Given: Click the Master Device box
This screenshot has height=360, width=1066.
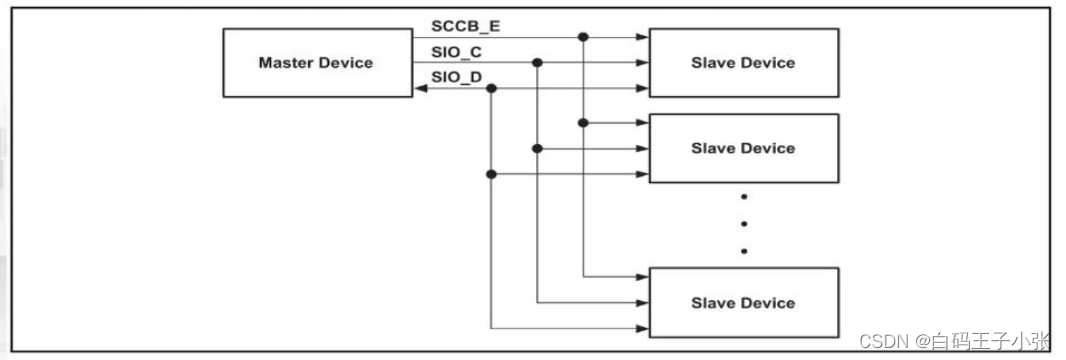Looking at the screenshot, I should pos(315,63).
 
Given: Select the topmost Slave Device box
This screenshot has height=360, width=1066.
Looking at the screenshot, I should pos(743,63).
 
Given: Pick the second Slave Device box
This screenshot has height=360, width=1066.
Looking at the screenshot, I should pos(743,148).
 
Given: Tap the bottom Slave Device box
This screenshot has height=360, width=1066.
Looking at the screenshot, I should pos(743,302).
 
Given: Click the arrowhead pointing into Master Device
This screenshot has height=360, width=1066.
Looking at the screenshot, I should pos(421,88).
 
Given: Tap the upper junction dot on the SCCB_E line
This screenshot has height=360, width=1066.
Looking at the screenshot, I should pos(583,37).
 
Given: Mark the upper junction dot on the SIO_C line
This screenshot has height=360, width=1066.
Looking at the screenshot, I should pos(537,63).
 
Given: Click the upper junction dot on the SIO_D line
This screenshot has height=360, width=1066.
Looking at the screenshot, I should pos(491,88).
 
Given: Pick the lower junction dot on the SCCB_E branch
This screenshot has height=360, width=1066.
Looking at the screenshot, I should pos(583,123).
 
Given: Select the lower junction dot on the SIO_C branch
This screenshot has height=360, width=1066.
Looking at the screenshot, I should pos(537,148).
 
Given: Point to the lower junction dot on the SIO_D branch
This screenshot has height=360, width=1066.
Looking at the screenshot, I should pos(491,174).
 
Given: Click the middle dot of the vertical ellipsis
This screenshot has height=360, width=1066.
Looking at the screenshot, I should pos(743,223).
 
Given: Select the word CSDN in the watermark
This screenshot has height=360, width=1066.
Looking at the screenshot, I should pos(881,340).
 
